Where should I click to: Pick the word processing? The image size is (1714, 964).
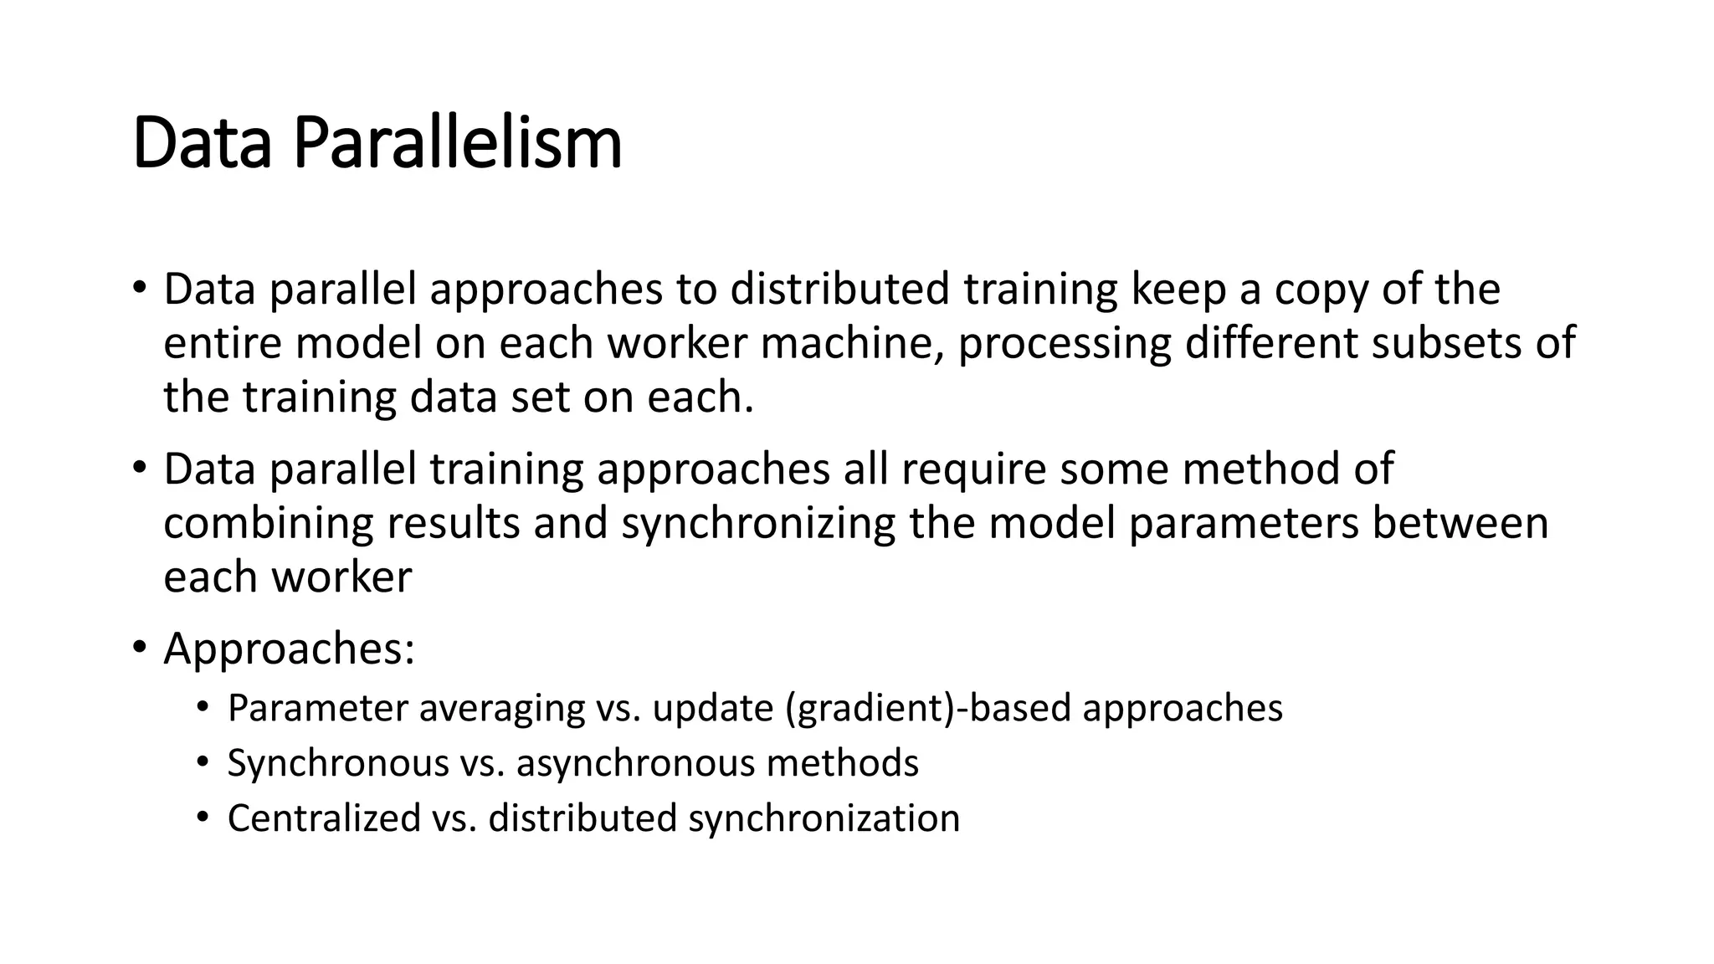pos(1065,345)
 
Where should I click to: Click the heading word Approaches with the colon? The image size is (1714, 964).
pos(289,650)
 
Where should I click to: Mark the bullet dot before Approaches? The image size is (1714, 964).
pos(139,648)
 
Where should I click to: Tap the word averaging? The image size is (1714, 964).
pos(501,709)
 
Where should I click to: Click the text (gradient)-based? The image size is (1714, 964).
pos(928,710)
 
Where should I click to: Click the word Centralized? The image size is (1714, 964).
pos(324,818)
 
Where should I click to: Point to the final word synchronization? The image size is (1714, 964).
pos(824,819)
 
